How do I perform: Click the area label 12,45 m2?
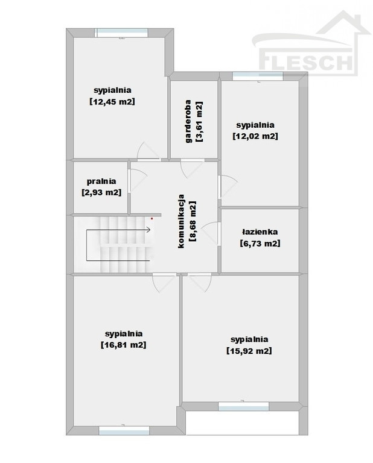pos(112,101)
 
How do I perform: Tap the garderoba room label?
pos(188,121)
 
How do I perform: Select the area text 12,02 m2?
pos(255,136)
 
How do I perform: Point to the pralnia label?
pos(101,181)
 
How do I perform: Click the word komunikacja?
pos(181,221)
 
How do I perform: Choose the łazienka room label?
pos(260,231)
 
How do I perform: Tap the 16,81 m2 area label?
pos(124,345)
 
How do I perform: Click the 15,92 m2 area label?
pos(249,351)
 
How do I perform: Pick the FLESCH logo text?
pos(306,61)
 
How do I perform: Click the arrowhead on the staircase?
pos(148,230)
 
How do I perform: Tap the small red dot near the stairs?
pos(152,218)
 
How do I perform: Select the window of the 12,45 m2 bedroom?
pos(121,33)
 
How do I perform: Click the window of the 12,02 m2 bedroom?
pos(258,76)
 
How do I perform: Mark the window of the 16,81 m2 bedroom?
pos(124,431)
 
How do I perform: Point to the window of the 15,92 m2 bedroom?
pos(244,406)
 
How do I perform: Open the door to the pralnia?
pos(138,180)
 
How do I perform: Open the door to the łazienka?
pos(211,233)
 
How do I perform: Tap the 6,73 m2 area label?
pos(260,244)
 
